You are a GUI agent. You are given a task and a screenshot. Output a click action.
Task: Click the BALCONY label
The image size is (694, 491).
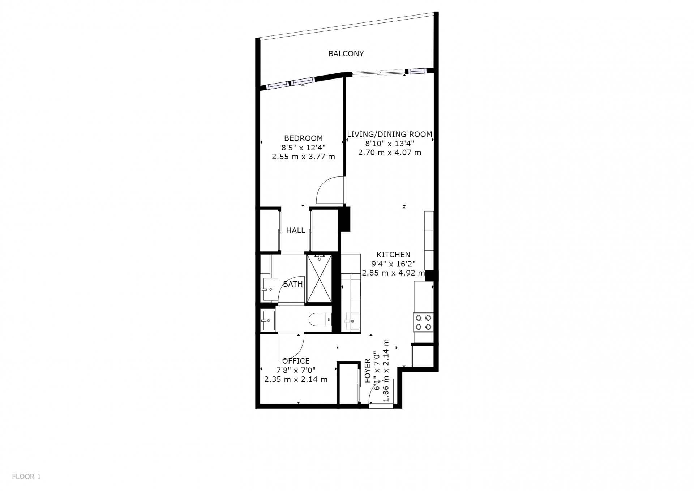point(346,54)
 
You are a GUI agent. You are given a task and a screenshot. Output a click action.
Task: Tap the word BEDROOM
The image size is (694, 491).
point(303,138)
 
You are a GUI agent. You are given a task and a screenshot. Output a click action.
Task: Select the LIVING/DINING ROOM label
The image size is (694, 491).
point(390,134)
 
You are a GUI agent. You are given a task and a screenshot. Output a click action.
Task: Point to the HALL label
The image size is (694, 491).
point(296,230)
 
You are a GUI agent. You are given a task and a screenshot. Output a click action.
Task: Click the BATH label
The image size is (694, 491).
point(293,284)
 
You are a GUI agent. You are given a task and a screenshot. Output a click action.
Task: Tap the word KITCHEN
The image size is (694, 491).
point(393,255)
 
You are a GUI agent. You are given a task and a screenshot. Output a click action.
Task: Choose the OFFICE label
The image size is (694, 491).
point(296,361)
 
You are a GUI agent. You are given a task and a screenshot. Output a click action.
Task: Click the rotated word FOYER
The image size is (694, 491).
point(368,371)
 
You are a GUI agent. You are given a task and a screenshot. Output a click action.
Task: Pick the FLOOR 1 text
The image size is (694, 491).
point(26,477)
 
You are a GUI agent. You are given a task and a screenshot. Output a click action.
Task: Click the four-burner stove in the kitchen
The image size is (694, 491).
point(423,322)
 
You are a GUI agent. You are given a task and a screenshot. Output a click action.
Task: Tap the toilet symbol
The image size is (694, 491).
point(320,319)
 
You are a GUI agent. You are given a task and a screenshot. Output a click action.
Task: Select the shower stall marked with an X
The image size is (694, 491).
point(319,278)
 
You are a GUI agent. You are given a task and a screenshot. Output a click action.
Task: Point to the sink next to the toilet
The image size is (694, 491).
point(268,320)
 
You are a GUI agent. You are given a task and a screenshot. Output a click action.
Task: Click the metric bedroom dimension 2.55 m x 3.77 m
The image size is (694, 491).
point(303,157)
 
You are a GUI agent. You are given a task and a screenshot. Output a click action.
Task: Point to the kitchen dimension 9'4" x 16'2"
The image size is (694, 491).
point(393,264)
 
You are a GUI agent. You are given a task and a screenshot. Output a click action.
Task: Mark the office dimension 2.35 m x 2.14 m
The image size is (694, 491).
point(296,379)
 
